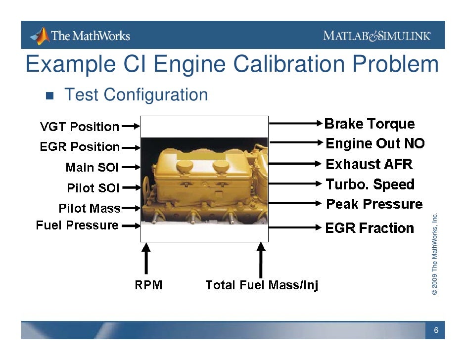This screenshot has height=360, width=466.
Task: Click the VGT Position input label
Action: click(79, 127)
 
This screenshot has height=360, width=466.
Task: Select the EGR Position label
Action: click(80, 147)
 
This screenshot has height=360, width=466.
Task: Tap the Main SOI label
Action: click(92, 168)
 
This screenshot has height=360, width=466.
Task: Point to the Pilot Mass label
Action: click(89, 209)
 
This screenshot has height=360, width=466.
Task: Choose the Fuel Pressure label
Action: click(77, 225)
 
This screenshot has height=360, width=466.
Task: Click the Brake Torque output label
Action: click(369, 124)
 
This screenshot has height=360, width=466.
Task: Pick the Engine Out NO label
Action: click(375, 144)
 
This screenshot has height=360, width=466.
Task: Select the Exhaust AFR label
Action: click(369, 164)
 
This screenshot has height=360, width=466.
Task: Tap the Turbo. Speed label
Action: click(370, 184)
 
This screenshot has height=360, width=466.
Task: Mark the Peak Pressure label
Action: click(374, 204)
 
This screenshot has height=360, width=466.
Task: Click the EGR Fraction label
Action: click(369, 228)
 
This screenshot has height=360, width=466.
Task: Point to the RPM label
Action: click(148, 285)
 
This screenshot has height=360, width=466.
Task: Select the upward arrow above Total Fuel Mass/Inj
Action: click(261, 260)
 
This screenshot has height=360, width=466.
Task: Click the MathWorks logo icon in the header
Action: click(41, 36)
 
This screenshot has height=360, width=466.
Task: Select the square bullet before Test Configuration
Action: click(49, 95)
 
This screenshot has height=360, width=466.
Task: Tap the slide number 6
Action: click(436, 330)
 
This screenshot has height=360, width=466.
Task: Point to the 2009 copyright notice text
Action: click(434, 254)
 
